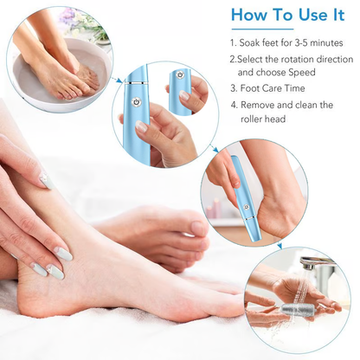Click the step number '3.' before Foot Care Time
(x=235, y=88)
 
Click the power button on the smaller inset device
(x=179, y=75)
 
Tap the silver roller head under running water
(x=296, y=309)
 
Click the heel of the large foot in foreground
(x=39, y=299)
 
